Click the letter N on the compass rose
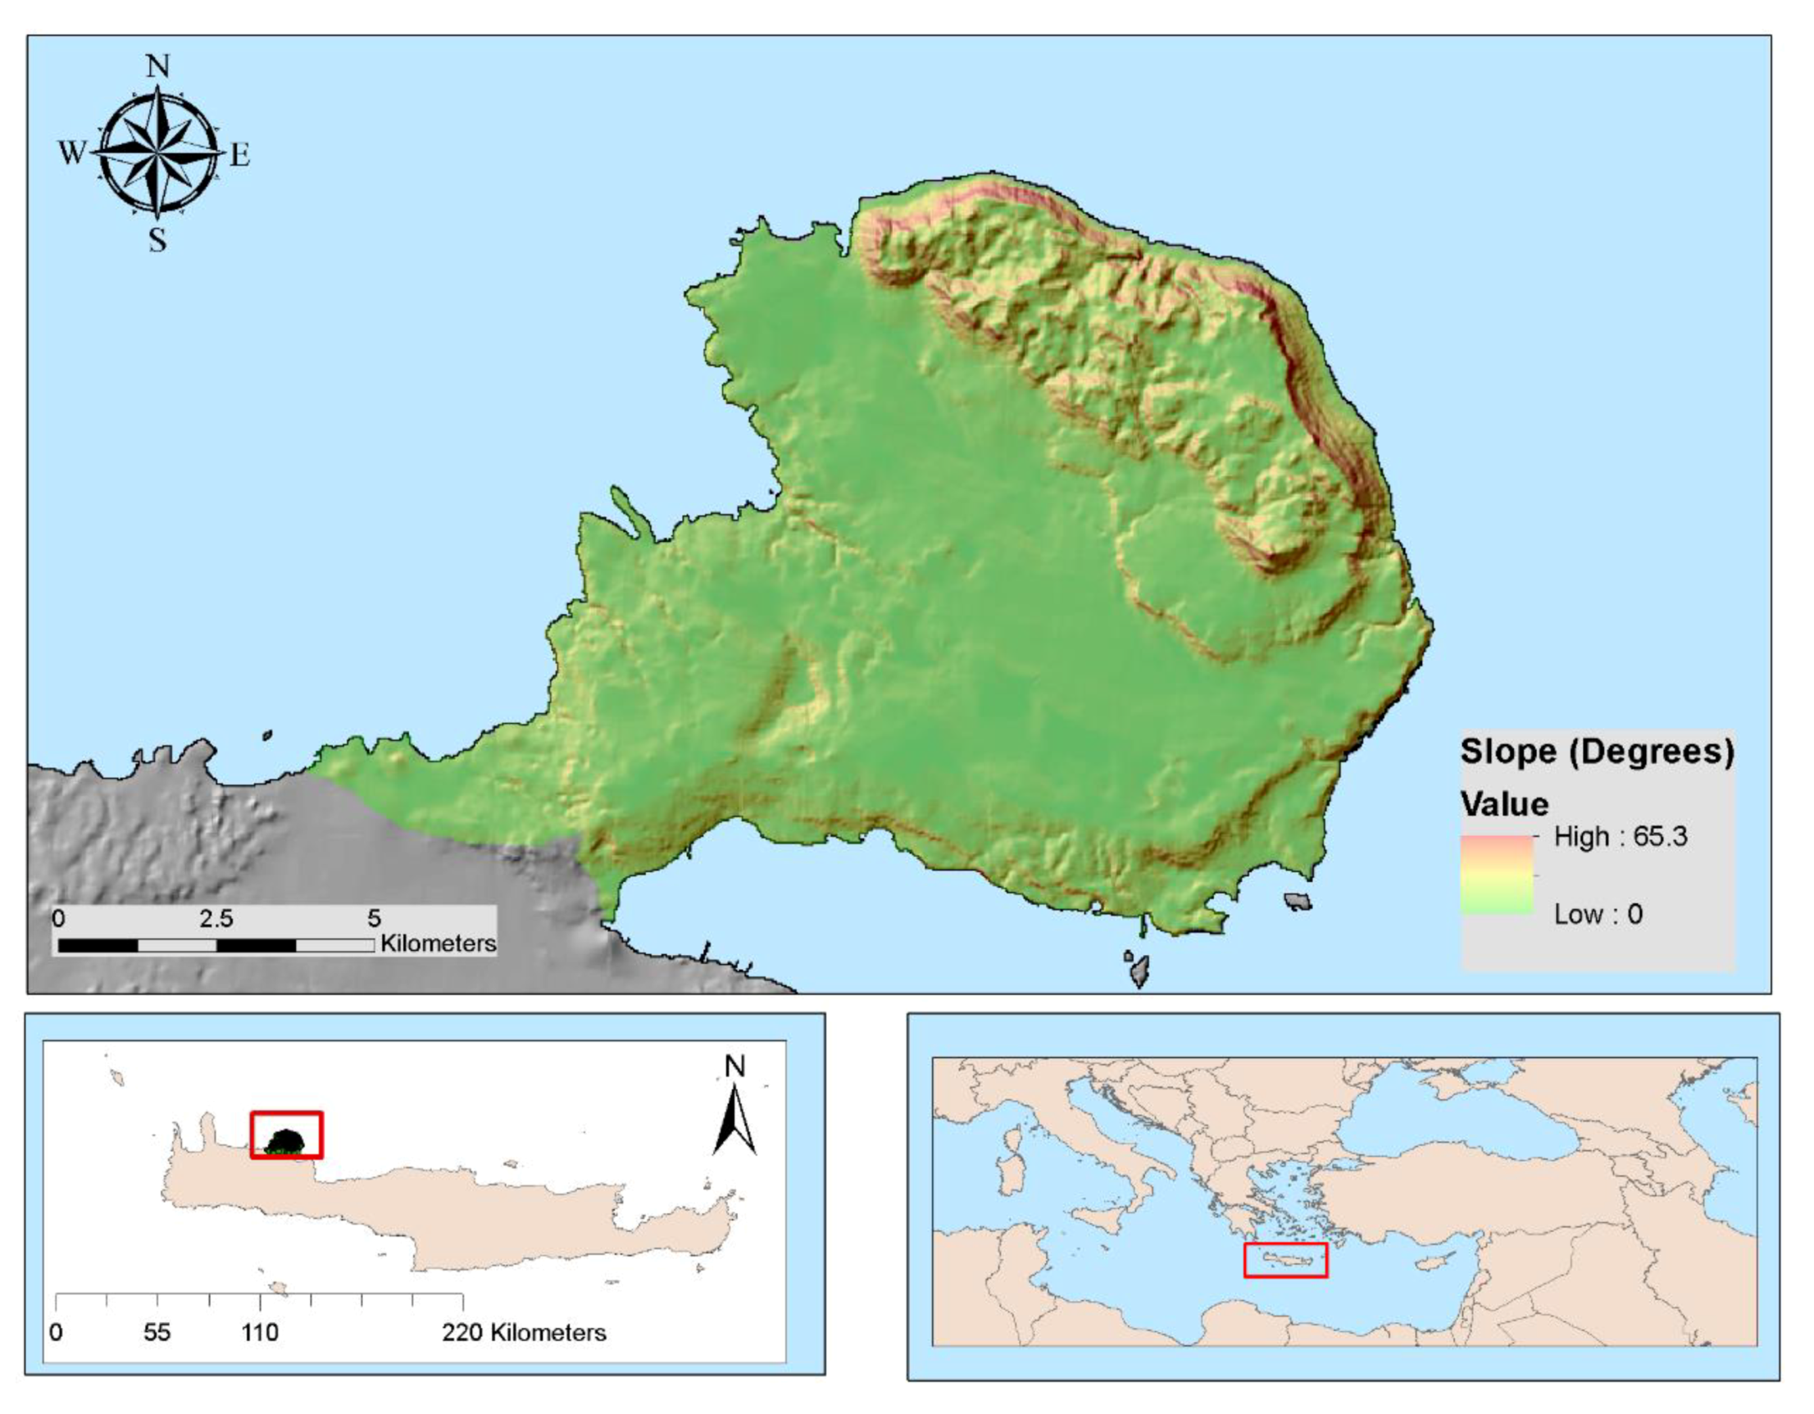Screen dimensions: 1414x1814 coord(158,66)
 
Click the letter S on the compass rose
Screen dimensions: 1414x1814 coord(158,240)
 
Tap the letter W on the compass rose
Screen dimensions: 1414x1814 coord(72,152)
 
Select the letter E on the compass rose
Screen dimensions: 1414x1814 coord(240,155)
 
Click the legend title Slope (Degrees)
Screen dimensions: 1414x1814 coord(1598,751)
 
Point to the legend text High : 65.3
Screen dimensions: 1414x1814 coord(1621,837)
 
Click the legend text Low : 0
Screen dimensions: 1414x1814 coord(1598,915)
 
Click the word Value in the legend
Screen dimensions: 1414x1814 coord(1504,804)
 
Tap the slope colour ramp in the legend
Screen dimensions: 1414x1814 coord(1497,875)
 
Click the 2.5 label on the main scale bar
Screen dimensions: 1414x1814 coord(216,918)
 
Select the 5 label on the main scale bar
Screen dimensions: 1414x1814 coord(374,918)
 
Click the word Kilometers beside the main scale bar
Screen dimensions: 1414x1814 coord(438,943)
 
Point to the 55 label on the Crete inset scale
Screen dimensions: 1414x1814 coord(157,1333)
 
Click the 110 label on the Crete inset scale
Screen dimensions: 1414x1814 coord(260,1333)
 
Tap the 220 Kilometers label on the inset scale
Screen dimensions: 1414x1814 coord(524,1333)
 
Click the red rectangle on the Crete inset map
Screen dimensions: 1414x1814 coord(287,1134)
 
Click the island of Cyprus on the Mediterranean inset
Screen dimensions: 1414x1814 coord(1435,1262)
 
